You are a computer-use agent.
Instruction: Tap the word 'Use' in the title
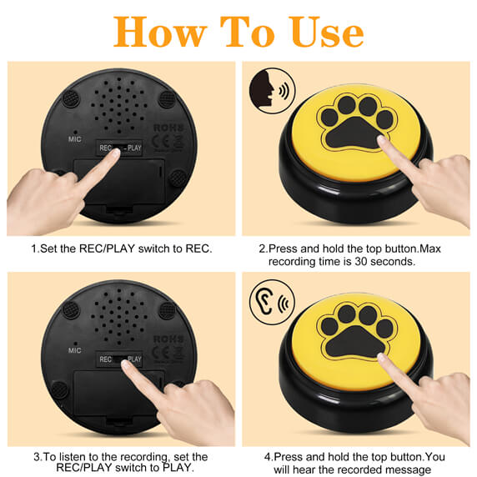click(x=326, y=32)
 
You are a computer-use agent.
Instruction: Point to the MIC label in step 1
click(x=75, y=139)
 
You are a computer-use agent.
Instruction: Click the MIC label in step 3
click(x=75, y=350)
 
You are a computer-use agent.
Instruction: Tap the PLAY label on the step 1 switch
click(x=134, y=148)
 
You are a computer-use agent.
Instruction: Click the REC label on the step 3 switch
click(x=105, y=359)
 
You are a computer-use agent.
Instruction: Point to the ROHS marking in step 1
click(x=168, y=128)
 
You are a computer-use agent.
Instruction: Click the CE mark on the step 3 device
click(x=160, y=352)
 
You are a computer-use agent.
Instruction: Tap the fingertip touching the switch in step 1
click(x=116, y=153)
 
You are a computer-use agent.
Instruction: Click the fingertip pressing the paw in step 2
click(x=381, y=140)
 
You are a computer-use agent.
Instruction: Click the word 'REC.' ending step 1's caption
click(x=198, y=249)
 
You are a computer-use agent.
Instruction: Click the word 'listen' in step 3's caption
click(x=73, y=457)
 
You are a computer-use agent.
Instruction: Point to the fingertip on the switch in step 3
click(x=126, y=364)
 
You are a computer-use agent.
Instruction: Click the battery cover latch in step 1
click(x=119, y=209)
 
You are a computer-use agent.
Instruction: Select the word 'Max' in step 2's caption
click(x=429, y=249)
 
